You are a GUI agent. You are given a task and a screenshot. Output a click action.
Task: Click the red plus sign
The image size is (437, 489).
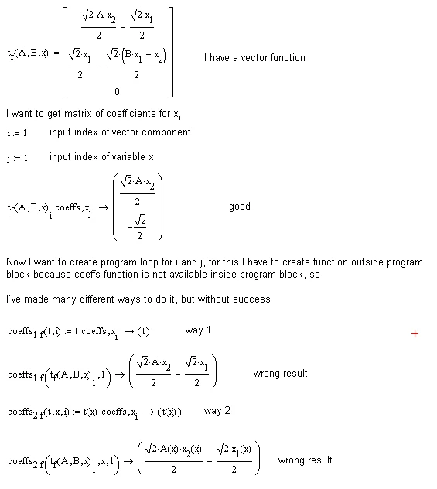coord(415,333)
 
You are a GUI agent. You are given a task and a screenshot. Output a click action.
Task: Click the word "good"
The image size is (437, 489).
coord(240,207)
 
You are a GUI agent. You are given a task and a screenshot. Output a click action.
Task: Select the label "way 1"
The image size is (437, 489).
coord(198,330)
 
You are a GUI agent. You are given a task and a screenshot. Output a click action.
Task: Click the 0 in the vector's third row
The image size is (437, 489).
coord(117,91)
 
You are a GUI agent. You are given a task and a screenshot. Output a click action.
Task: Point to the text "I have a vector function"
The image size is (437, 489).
coord(254,58)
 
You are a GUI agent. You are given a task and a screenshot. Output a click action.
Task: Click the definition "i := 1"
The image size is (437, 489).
coord(17,133)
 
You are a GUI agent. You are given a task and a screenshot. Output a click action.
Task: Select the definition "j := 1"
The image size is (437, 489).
coord(17,158)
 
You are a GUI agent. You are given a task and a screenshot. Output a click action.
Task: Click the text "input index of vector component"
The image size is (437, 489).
coord(120,132)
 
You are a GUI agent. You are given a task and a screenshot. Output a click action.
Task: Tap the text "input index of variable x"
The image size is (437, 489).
coord(101,157)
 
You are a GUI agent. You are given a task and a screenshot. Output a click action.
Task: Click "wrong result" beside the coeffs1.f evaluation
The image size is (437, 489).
coord(280,374)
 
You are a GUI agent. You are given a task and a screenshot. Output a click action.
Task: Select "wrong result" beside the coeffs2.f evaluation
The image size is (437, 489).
coord(305,460)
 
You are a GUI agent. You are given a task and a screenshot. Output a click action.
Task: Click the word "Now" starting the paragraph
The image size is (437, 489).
coord(16,262)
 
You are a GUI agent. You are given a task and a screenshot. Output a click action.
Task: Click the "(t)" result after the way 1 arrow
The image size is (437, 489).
coord(142,331)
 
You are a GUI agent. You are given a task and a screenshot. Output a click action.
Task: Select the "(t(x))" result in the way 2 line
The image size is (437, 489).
coord(169,412)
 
